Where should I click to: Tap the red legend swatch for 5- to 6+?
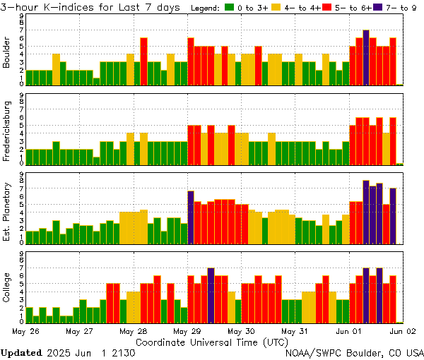coord(327,8)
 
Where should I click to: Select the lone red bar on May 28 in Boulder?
coord(143,61)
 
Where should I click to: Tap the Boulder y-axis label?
coord(7,54)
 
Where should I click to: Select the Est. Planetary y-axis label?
coord(7,211)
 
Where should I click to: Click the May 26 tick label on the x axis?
coord(26,330)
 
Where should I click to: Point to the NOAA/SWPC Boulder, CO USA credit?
coord(355,352)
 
